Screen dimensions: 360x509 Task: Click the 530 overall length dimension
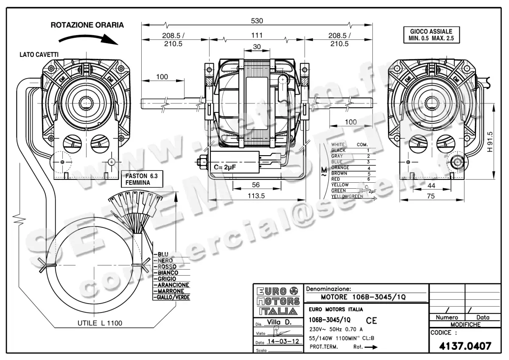[x=257, y=20]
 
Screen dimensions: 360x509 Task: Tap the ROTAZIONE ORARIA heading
[x=87, y=25]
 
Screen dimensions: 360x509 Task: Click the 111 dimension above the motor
[x=257, y=35]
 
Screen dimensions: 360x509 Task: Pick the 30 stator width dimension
[x=257, y=47]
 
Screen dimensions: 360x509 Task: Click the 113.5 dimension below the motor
[x=257, y=196]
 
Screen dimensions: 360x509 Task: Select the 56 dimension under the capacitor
[x=255, y=185]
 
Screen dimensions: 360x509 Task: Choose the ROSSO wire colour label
[x=167, y=267]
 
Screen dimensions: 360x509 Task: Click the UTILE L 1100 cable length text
[x=100, y=323]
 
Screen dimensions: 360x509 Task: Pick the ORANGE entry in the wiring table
[x=340, y=168]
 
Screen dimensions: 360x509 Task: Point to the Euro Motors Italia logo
[x=278, y=301]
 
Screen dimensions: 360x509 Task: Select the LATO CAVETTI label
[x=39, y=55]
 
